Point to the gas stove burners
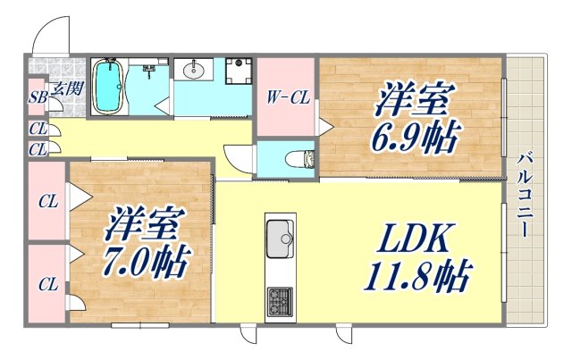point(280,302)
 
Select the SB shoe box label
point(38,97)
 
